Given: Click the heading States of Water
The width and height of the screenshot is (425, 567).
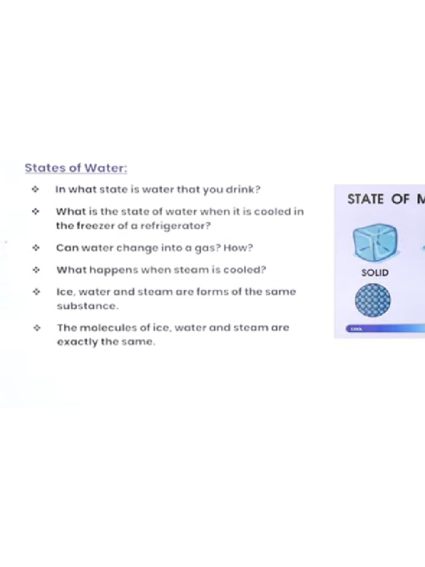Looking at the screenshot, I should click(75, 168).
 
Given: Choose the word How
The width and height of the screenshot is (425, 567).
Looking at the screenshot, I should click(238, 248).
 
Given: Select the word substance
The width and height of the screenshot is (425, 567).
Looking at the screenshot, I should click(87, 306).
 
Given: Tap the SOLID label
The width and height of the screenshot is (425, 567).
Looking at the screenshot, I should click(375, 273).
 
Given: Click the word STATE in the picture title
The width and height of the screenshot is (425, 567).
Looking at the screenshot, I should click(365, 199).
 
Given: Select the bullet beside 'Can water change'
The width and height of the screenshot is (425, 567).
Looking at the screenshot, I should click(36, 248).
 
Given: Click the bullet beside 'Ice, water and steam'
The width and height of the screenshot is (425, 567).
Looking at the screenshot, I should click(36, 292).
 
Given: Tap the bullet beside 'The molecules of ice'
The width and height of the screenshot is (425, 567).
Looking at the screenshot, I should click(36, 328).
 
